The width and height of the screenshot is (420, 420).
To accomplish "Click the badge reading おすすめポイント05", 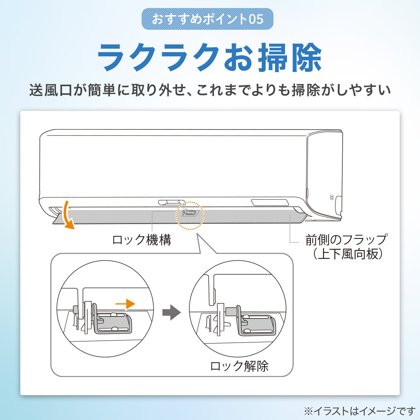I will click(208, 19).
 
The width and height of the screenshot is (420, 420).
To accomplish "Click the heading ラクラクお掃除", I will click(209, 58).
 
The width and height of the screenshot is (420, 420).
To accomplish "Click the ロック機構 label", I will click(141, 240).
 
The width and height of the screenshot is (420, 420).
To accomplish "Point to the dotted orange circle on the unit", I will click(190, 216).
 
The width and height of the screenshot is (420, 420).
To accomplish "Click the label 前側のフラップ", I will click(346, 240).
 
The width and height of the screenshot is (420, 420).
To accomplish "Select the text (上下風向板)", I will click(346, 254).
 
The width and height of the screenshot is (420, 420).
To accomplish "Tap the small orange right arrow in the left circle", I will click(125, 304).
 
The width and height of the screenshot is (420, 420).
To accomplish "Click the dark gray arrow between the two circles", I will click(171, 312).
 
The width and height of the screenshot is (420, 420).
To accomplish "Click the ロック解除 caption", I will click(239, 366).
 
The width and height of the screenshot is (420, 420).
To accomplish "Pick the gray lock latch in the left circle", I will click(114, 323).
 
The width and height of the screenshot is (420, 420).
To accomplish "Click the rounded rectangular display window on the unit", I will click(270, 202).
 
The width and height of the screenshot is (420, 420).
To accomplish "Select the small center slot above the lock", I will click(171, 202).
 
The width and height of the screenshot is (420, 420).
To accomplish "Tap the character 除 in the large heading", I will click(303, 58).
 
